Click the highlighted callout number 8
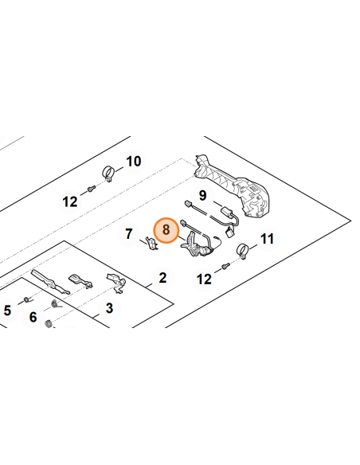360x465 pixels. pyautogui.click(x=166, y=230)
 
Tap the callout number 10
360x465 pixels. pyautogui.click(x=134, y=162)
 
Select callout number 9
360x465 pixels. pyautogui.click(x=202, y=196)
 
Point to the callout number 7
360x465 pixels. pyautogui.click(x=129, y=234)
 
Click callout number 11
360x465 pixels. pyautogui.click(x=267, y=239)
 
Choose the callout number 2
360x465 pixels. pyautogui.click(x=162, y=278)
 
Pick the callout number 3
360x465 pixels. pyautogui.click(x=109, y=308)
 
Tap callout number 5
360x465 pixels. pyautogui.click(x=7, y=311)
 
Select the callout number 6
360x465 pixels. pyautogui.click(x=33, y=317)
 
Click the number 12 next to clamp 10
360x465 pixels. pyautogui.click(x=70, y=202)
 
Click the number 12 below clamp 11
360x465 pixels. pyautogui.click(x=204, y=279)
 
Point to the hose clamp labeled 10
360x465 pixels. pyautogui.click(x=108, y=174)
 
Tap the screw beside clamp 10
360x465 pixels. pyautogui.click(x=92, y=188)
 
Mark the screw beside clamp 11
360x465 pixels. pyautogui.click(x=226, y=266)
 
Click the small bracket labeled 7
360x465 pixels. pyautogui.click(x=152, y=243)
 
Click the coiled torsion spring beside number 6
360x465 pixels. pyautogui.click(x=55, y=304)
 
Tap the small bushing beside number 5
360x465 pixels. pyautogui.click(x=27, y=300)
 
